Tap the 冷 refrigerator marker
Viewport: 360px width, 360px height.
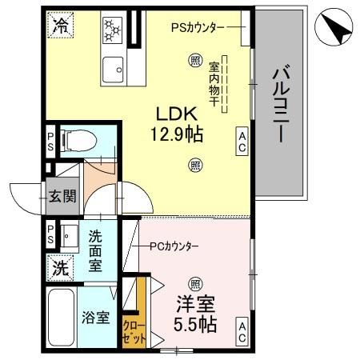click(61, 26)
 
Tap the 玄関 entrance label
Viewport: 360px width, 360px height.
click(62, 196)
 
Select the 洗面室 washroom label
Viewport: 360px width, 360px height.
click(95, 250)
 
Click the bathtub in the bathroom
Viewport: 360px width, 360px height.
click(62, 318)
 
